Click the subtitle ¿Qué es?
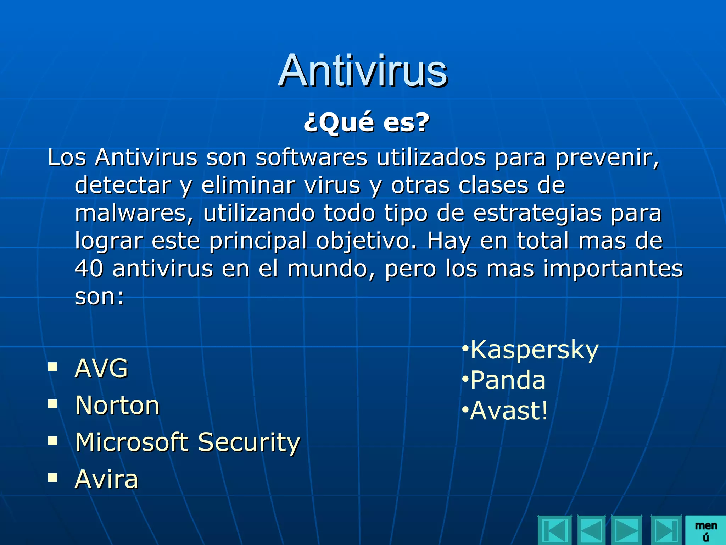click(x=367, y=122)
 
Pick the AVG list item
click(x=101, y=368)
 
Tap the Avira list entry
click(x=106, y=479)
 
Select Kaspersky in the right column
click(x=534, y=350)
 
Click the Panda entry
click(x=508, y=380)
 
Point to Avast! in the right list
click(x=509, y=411)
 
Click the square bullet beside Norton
click(x=53, y=404)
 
